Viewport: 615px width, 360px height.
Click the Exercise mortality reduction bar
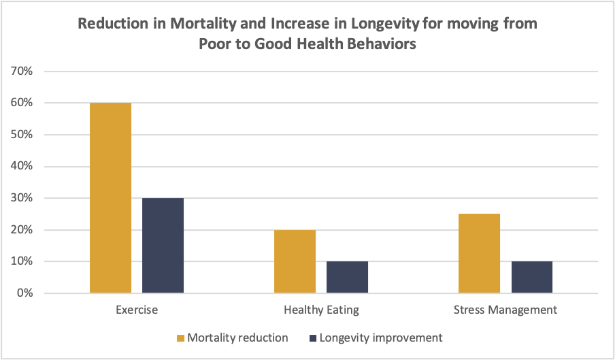[110, 198]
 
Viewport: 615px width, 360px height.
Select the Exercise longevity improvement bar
[163, 246]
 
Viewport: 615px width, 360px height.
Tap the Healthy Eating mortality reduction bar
[295, 261]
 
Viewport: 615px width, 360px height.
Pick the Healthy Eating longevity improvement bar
[347, 277]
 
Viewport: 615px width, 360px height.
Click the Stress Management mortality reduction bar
[479, 253]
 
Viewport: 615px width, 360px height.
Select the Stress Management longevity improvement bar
[532, 277]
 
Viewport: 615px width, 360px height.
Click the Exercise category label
[136, 310]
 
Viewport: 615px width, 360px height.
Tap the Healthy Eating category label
[321, 310]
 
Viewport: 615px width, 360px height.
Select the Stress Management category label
[505, 310]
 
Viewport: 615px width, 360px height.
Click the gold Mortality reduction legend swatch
[180, 338]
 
